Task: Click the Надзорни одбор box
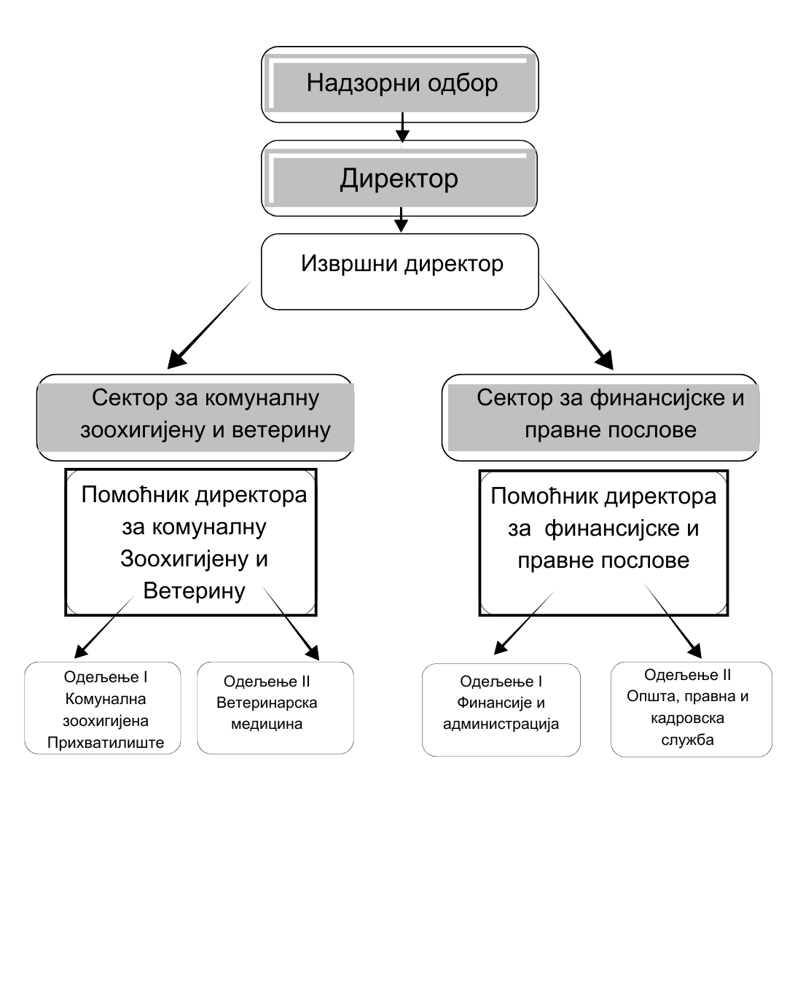coord(399,84)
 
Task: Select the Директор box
coord(399,179)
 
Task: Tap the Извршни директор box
coord(399,271)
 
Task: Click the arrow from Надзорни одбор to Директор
coord(402,128)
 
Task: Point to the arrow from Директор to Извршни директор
coord(400,220)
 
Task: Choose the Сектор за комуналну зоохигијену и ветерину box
coord(195,417)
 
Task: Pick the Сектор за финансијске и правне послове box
coord(600,417)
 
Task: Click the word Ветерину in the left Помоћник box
coord(194,590)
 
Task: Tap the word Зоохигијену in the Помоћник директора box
coord(194,558)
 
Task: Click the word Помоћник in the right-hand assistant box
coord(541,496)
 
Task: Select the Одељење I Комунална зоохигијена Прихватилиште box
coord(103,708)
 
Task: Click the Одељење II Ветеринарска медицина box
coord(275,708)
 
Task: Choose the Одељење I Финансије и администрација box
coord(501,709)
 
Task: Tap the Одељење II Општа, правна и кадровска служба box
coord(691,709)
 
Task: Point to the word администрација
coord(501,725)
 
